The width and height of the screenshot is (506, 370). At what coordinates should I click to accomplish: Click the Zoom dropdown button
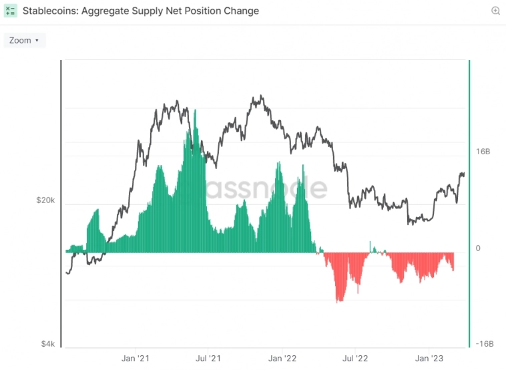click(24, 40)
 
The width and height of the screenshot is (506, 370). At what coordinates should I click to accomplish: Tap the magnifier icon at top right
click(495, 11)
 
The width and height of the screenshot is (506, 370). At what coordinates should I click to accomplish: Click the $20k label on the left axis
click(46, 200)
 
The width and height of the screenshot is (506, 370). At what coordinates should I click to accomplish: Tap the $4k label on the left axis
click(48, 344)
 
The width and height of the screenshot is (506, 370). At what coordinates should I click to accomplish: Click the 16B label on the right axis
click(483, 152)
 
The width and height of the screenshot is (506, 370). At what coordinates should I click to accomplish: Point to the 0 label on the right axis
click(478, 248)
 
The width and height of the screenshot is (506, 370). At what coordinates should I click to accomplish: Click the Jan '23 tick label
click(428, 357)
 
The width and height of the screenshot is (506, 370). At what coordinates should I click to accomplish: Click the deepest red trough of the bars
click(339, 301)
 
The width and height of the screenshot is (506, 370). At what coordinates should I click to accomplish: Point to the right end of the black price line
click(464, 174)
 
